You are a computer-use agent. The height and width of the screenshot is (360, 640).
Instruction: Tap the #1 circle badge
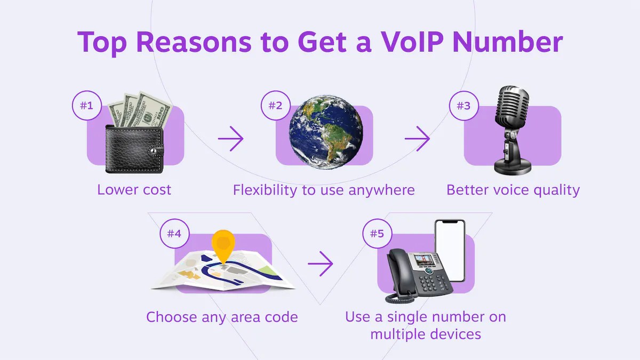(x=86, y=106)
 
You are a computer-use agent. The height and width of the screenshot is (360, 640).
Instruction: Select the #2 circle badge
(x=275, y=106)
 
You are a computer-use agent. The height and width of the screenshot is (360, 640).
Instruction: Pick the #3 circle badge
(x=463, y=106)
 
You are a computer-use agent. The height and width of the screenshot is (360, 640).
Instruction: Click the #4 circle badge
(x=174, y=234)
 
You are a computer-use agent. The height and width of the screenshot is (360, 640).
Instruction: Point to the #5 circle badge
(x=377, y=234)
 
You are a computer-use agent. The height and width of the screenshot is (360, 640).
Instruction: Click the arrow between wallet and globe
(x=230, y=139)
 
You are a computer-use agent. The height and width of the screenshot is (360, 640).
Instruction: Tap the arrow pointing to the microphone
(x=417, y=139)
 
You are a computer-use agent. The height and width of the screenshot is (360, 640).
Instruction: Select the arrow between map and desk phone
(x=321, y=263)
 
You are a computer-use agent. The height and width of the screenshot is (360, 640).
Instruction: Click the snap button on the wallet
(x=154, y=150)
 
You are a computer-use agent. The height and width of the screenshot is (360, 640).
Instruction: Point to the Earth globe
(x=326, y=132)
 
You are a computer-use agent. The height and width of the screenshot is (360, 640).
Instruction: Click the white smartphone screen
(x=450, y=251)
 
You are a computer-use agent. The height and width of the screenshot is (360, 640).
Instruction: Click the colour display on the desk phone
(x=424, y=260)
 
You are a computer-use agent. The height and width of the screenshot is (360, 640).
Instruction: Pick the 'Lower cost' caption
(x=134, y=190)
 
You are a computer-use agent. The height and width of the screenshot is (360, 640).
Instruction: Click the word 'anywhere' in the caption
(x=381, y=190)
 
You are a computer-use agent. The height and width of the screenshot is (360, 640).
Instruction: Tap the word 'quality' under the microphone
(x=557, y=190)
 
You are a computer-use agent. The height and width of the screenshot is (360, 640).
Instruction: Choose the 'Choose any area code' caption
(x=222, y=317)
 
